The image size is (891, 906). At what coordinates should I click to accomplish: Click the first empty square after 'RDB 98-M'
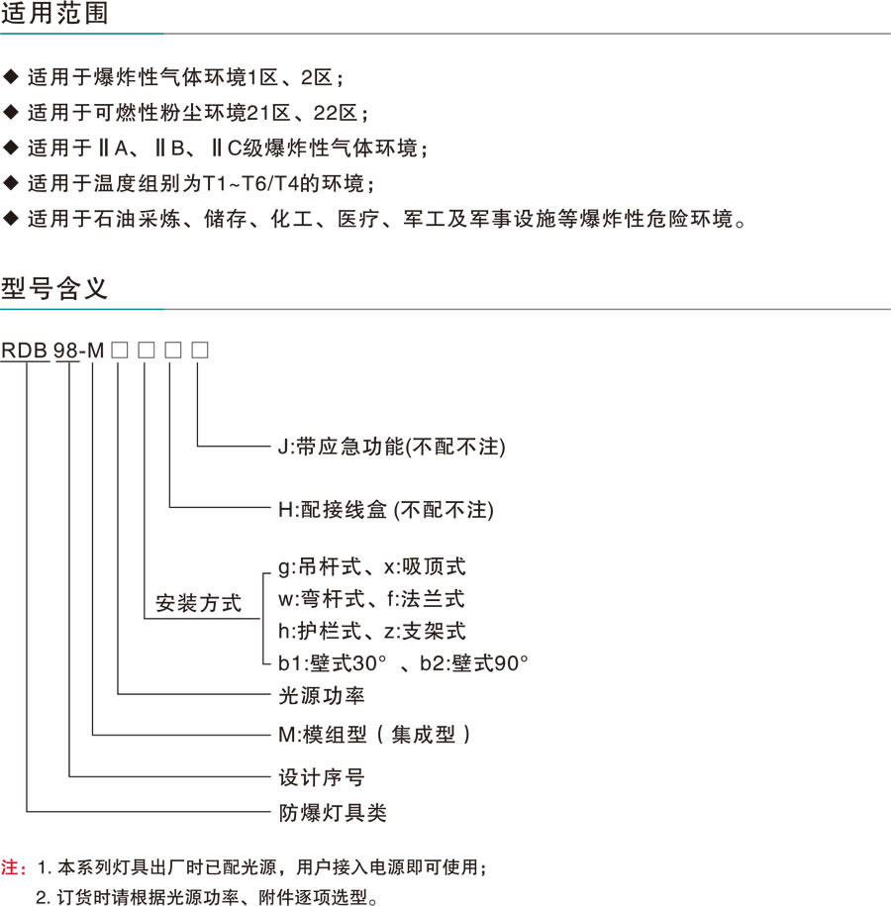pyautogui.click(x=120, y=351)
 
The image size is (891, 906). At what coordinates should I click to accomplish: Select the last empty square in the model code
pyautogui.click(x=200, y=351)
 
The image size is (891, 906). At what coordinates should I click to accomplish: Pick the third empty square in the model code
pyautogui.click(x=173, y=351)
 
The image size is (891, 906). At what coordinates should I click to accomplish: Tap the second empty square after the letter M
pyautogui.click(x=147, y=351)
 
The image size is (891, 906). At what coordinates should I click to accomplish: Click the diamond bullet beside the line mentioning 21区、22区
pyautogui.click(x=11, y=112)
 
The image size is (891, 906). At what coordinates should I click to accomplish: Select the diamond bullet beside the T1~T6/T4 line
pyautogui.click(x=11, y=182)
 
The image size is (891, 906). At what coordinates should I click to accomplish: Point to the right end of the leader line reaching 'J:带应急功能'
pyautogui.click(x=270, y=446)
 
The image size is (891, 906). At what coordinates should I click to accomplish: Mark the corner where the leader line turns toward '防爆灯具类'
pyautogui.click(x=27, y=812)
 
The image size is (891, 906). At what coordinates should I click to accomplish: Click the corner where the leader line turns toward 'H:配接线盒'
pyautogui.click(x=170, y=507)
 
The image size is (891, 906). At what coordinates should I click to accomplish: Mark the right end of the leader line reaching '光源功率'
pyautogui.click(x=270, y=693)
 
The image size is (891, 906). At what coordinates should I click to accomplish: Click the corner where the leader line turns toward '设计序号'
pyautogui.click(x=69, y=776)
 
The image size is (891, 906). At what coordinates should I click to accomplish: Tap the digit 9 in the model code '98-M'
pyautogui.click(x=59, y=351)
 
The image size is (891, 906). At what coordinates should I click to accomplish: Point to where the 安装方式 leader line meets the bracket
pyautogui.click(x=262, y=619)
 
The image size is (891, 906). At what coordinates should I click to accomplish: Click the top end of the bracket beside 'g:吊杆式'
pyautogui.click(x=270, y=573)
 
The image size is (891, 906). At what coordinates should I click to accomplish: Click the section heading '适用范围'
pyautogui.click(x=54, y=13)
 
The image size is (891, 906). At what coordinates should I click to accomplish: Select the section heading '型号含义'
pyautogui.click(x=54, y=288)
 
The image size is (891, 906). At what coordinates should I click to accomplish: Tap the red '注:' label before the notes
pyautogui.click(x=13, y=867)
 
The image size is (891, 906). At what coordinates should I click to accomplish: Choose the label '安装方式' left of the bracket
pyautogui.click(x=198, y=603)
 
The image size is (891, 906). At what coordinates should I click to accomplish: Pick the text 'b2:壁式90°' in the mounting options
pyautogui.click(x=474, y=662)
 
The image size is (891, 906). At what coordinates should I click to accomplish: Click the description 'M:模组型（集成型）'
pyautogui.click(x=374, y=735)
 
